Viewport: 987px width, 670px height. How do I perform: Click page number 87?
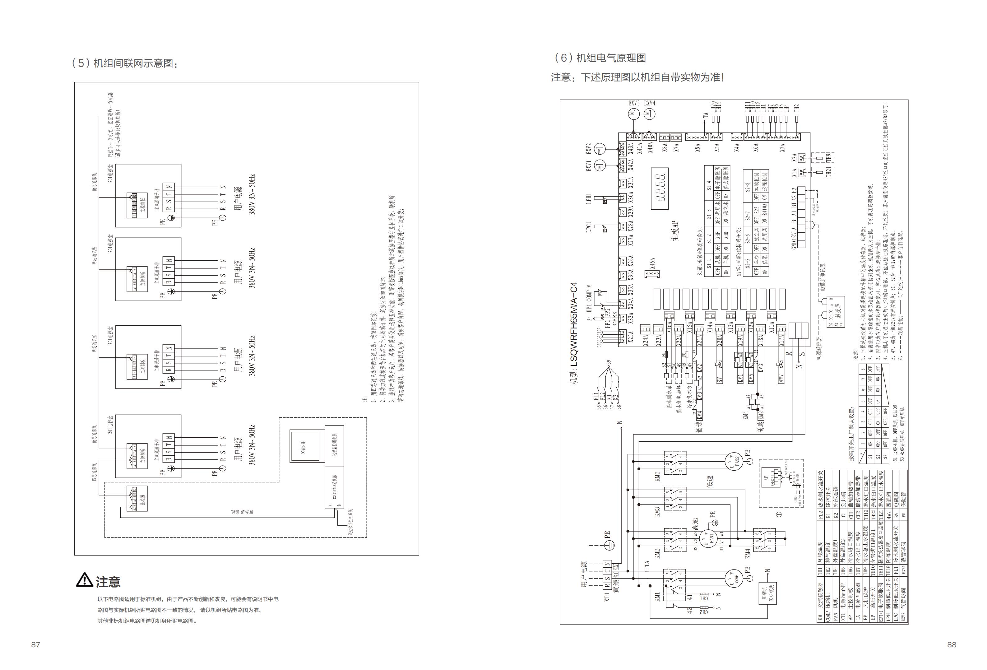(x=36, y=644)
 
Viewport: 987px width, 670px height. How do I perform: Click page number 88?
(x=952, y=644)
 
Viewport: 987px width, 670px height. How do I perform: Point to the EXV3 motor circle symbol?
(x=634, y=114)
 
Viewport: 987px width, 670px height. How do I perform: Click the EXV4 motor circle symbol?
(x=649, y=114)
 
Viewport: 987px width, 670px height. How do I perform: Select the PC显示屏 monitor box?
(x=304, y=446)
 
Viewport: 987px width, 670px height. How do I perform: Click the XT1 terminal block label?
(x=607, y=597)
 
